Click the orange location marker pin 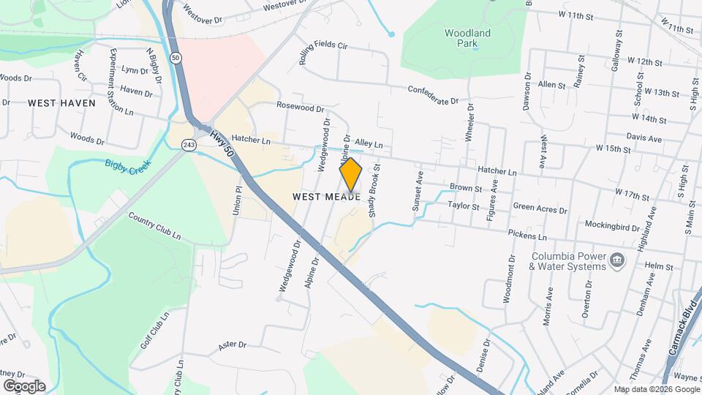pyautogui.click(x=351, y=174)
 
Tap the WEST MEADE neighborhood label pyautogui.click(x=326, y=197)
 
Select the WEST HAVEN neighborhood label pyautogui.click(x=62, y=103)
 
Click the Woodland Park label pyautogui.click(x=467, y=38)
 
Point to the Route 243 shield pyautogui.click(x=189, y=145)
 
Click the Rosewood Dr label pyautogui.click(x=300, y=107)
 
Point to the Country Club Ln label pyautogui.click(x=154, y=225)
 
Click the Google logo pyautogui.click(x=24, y=385)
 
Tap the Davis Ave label pyautogui.click(x=643, y=138)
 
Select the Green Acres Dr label pyautogui.click(x=540, y=208)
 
